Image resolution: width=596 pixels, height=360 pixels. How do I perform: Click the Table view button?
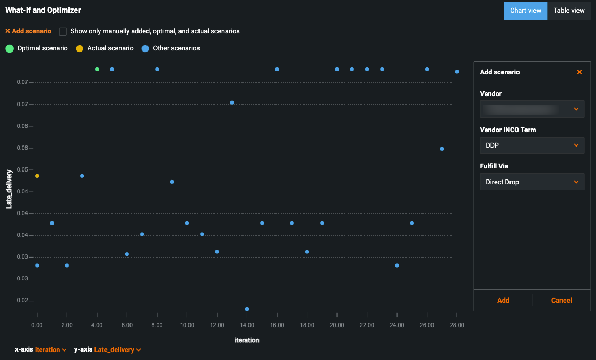pos(569,11)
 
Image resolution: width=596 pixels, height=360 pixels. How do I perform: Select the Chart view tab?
pos(525,11)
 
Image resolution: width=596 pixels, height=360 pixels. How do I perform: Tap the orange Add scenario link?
pos(28,31)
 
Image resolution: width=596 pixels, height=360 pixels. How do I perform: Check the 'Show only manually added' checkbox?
pos(63,31)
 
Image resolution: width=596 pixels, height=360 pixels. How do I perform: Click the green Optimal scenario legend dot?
pos(10,48)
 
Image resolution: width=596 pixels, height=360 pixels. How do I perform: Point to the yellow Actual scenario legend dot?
pos(80,48)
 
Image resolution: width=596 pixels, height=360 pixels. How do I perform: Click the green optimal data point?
pos(97,70)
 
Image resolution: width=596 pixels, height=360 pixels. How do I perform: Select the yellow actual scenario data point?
pos(37,176)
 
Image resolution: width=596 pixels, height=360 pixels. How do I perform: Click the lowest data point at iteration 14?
pos(247,309)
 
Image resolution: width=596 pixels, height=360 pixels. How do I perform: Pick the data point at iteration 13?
pos(232,102)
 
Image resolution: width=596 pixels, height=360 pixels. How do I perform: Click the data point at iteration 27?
pos(442,149)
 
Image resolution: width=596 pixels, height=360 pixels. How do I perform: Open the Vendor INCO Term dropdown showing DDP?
pos(532,145)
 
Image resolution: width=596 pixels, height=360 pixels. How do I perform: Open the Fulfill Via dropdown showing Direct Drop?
pos(532,182)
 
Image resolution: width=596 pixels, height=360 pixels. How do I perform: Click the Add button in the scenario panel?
pos(503,301)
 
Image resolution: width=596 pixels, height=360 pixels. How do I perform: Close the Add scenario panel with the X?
pos(580,72)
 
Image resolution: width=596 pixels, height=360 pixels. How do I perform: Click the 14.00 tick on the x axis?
pos(247,325)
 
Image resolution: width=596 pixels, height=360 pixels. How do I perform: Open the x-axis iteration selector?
pos(50,350)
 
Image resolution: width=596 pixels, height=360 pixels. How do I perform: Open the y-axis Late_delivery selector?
pos(117,350)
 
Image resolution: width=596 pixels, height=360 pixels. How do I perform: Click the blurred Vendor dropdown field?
pos(532,109)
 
